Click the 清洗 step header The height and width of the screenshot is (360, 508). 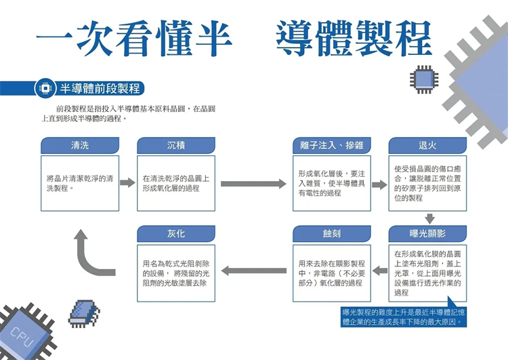(80, 146)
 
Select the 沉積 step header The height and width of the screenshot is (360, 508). (176, 146)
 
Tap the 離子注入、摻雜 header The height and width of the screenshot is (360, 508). (332, 146)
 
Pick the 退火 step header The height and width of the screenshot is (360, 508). (427, 146)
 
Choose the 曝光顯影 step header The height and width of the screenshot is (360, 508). (427, 234)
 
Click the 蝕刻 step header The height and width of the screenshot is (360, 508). (332, 234)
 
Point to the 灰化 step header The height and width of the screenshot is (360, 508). (176, 234)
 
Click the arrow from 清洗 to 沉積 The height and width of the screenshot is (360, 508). (128, 183)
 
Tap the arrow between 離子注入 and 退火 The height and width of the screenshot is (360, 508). (379, 184)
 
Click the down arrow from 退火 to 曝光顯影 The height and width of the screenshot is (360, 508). (429, 218)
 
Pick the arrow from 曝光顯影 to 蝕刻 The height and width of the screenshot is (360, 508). (379, 271)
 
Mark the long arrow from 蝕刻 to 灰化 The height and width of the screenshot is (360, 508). (253, 271)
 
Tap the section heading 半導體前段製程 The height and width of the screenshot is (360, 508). (100, 89)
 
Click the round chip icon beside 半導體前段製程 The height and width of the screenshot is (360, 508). (45, 89)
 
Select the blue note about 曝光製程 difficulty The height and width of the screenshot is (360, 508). (404, 317)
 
